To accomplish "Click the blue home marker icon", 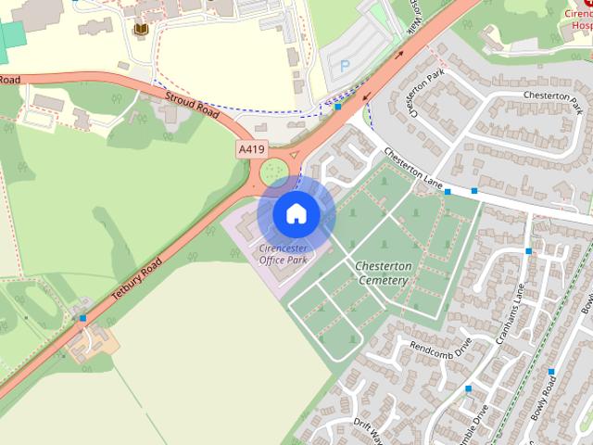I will click(x=296, y=214).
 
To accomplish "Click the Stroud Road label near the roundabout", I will click(x=191, y=107).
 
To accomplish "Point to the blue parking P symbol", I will click(x=345, y=65).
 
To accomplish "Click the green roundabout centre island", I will click(x=273, y=172).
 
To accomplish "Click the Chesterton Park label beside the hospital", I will click(x=549, y=95).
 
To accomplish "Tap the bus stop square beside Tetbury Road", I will click(x=83, y=318).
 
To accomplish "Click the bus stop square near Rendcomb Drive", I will click(x=469, y=388).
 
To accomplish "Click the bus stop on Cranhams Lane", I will click(x=529, y=250).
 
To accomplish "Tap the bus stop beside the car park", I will click(x=338, y=107).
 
